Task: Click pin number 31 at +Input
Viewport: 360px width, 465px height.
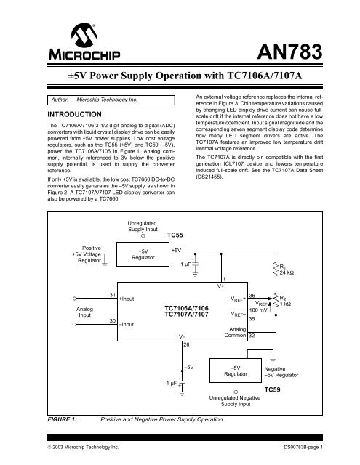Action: click(111, 294)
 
